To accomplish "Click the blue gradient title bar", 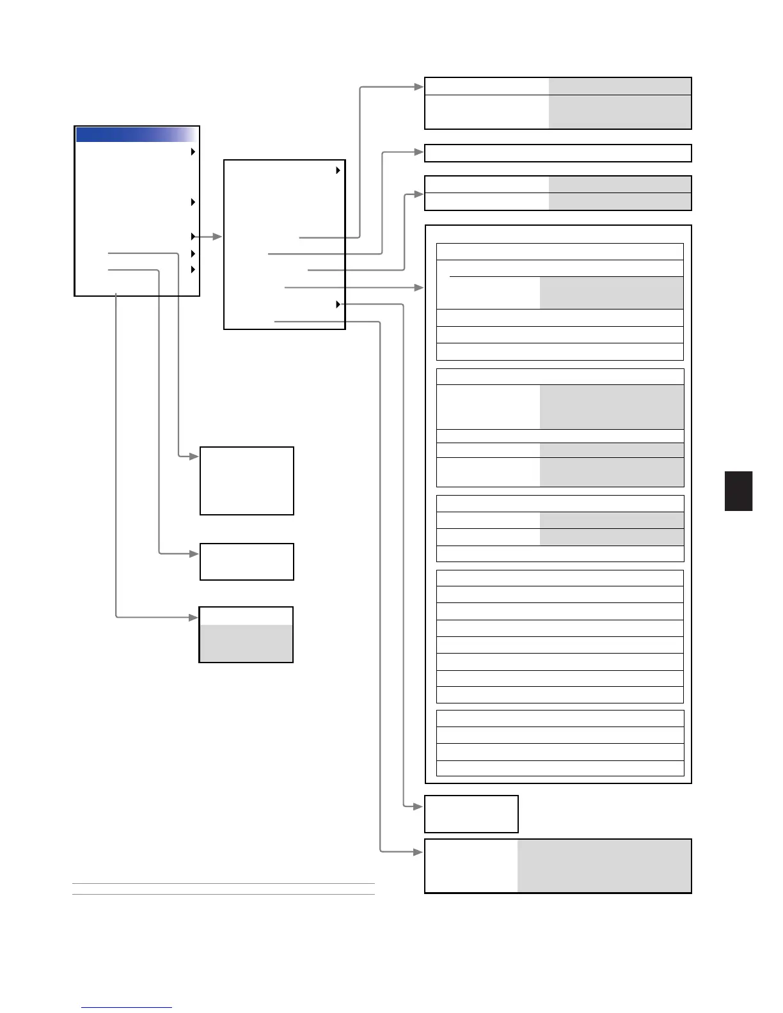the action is (x=136, y=134).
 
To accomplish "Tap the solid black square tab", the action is (x=738, y=491).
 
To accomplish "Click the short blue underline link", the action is (x=127, y=1007).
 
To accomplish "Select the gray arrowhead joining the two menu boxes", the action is (x=217, y=237).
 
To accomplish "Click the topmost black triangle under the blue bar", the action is (x=193, y=152).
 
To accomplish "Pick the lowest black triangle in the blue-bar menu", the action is (x=193, y=270).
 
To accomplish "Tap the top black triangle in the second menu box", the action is (x=338, y=171).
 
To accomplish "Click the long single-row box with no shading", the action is (x=558, y=153).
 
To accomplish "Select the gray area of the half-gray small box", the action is (x=246, y=643).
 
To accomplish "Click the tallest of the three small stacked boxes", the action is (x=247, y=481).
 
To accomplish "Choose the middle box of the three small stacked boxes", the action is (x=247, y=561).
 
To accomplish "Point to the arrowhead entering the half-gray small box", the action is (x=194, y=617).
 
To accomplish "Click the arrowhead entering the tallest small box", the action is (x=194, y=457).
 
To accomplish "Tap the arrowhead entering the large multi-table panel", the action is (x=420, y=288).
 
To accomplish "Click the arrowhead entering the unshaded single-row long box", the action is (x=420, y=152).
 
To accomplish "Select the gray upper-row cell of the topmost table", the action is (x=619, y=87).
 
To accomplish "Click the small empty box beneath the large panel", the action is (x=471, y=814).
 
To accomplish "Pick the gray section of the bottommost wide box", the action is (x=604, y=865).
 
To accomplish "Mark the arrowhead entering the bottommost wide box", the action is (x=420, y=852).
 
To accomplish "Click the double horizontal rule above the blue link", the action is (x=223, y=889).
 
